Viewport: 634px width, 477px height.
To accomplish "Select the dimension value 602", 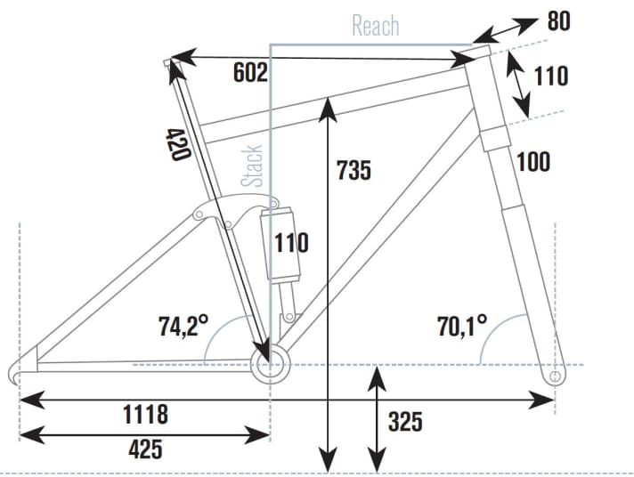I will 250,73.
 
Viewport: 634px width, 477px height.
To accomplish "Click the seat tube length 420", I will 177,143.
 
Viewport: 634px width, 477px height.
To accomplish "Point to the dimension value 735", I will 354,170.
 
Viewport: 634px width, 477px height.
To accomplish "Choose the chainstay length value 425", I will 145,448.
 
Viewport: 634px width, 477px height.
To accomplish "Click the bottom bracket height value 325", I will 406,420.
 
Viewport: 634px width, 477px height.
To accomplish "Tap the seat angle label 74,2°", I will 183,327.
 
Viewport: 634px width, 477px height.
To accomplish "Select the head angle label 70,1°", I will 461,327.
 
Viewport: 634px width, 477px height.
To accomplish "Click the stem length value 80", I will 558,20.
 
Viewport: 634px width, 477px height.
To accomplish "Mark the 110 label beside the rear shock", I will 290,241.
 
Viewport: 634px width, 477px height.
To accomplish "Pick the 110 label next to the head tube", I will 550,77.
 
